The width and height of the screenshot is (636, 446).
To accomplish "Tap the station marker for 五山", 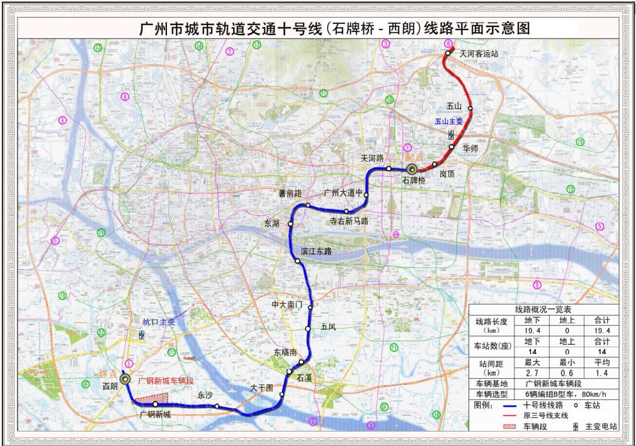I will click(x=470, y=109).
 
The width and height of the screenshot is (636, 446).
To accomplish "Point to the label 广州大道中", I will click(x=343, y=192).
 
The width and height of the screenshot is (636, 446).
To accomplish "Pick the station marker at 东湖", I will click(x=292, y=223).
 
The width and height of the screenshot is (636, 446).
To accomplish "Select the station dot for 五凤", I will click(x=307, y=328).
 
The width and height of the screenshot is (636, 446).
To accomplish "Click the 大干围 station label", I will click(x=261, y=388).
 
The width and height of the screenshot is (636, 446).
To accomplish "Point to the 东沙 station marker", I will click(x=217, y=406).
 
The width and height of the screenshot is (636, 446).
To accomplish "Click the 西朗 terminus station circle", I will click(x=126, y=379).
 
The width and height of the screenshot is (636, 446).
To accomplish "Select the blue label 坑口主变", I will click(x=159, y=321).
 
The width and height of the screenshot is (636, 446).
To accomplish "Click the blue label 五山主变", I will click(x=450, y=122).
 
